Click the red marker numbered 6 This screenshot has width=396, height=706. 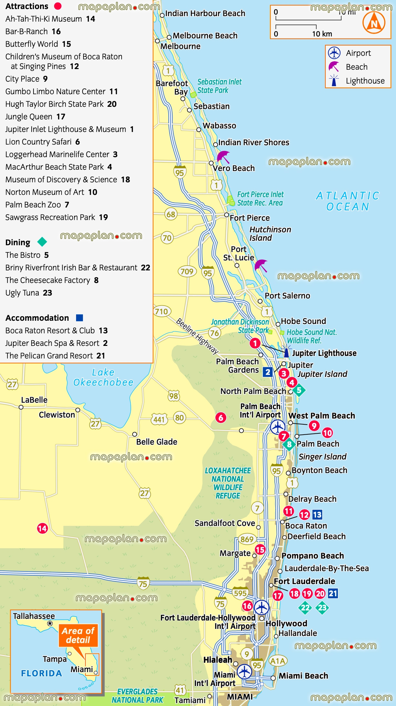[x=221, y=418]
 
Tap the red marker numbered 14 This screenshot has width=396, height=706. [x=42, y=528]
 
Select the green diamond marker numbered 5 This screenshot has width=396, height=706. [x=299, y=390]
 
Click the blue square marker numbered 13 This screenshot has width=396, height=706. [x=317, y=514]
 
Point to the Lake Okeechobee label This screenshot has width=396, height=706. [x=103, y=377]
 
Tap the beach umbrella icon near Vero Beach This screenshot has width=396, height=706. [x=223, y=157]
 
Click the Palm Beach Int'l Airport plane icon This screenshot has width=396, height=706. [x=278, y=427]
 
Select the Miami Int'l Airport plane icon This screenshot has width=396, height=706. [x=244, y=672]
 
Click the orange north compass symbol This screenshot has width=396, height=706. [x=374, y=23]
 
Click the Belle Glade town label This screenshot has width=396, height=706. [x=157, y=442]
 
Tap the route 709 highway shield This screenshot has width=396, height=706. [x=187, y=271]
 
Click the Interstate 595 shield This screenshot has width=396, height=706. [x=240, y=593]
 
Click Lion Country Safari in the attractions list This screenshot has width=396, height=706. [x=42, y=142]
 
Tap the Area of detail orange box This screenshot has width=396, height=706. [x=78, y=635]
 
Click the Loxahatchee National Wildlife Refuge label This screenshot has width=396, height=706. [x=228, y=483]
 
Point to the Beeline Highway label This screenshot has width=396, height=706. [x=197, y=336]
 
